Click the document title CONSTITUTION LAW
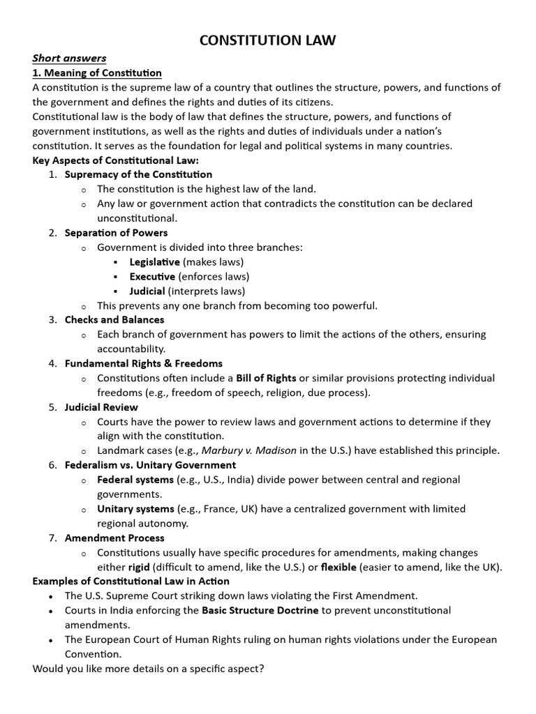(268, 40)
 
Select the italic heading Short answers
(69, 58)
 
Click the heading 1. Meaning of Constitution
(97, 73)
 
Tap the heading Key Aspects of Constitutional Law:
(116, 160)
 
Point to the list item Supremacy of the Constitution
(138, 174)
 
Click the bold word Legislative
(154, 262)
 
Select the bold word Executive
(152, 277)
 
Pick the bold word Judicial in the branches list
(147, 291)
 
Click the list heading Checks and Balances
(114, 320)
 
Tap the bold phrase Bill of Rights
(266, 378)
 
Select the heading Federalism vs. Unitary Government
(150, 465)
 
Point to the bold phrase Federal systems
(135, 480)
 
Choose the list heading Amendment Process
(114, 538)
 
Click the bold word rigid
(139, 567)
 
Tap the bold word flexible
(338, 567)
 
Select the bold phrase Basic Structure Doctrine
(260, 610)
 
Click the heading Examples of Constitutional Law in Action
(131, 582)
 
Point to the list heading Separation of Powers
(116, 233)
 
